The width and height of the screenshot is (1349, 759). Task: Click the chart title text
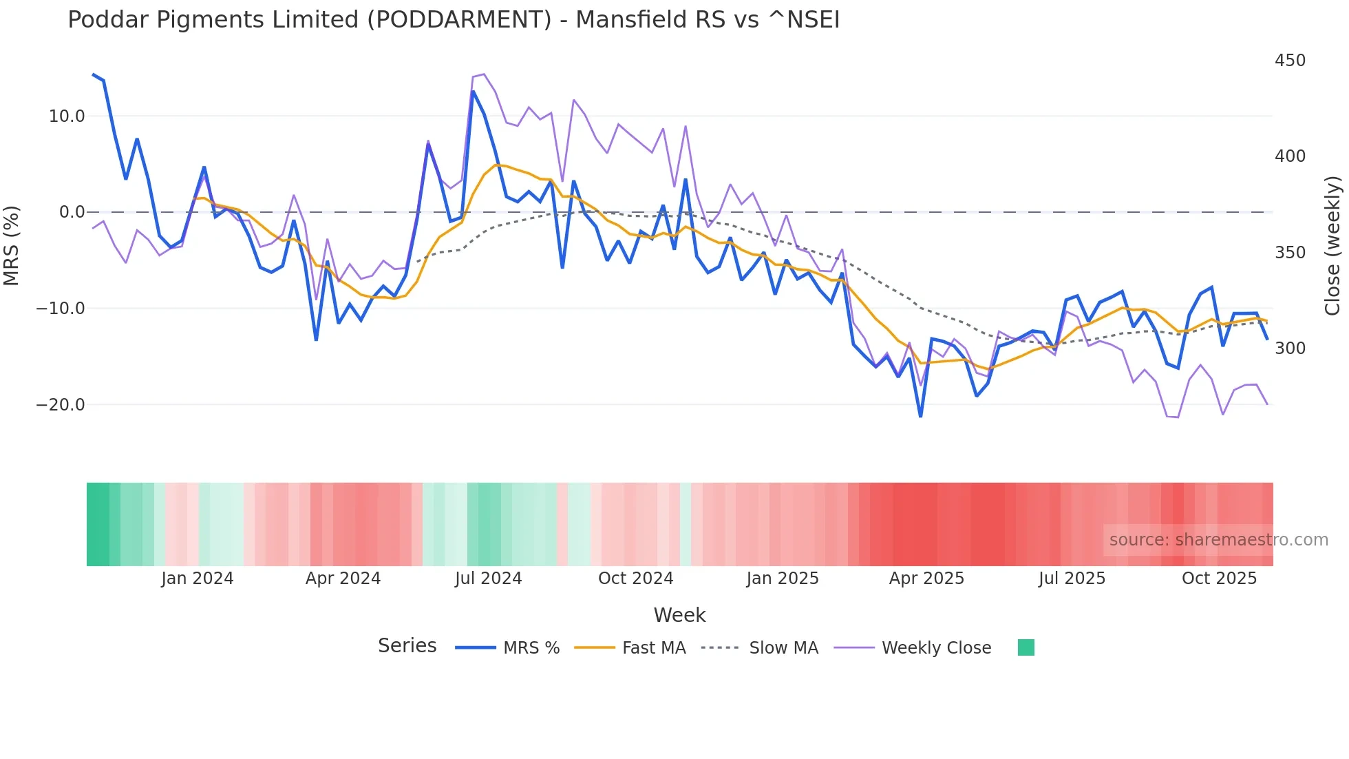click(x=454, y=20)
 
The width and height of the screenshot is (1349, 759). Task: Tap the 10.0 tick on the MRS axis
click(x=67, y=116)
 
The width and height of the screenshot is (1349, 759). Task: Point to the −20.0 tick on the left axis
click(x=61, y=405)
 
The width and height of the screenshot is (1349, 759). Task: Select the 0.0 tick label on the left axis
click(x=72, y=212)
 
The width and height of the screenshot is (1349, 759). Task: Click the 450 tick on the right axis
click(x=1290, y=61)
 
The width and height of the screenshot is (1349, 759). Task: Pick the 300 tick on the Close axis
click(x=1290, y=349)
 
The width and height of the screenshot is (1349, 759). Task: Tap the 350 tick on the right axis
click(x=1290, y=253)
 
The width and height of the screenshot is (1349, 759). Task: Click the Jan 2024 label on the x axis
click(x=198, y=579)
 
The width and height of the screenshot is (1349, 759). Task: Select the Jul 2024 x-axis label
click(x=489, y=579)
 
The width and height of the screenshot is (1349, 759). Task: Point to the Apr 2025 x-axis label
click(x=926, y=579)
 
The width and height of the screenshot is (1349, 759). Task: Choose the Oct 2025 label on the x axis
click(x=1219, y=579)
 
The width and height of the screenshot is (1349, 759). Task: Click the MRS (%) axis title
click(x=12, y=245)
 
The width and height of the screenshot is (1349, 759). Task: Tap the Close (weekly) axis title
click(x=1332, y=245)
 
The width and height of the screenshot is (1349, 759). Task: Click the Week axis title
click(x=679, y=615)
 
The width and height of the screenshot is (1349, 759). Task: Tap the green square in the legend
click(x=1026, y=647)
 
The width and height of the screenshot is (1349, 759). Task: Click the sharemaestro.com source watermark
click(x=1218, y=540)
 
